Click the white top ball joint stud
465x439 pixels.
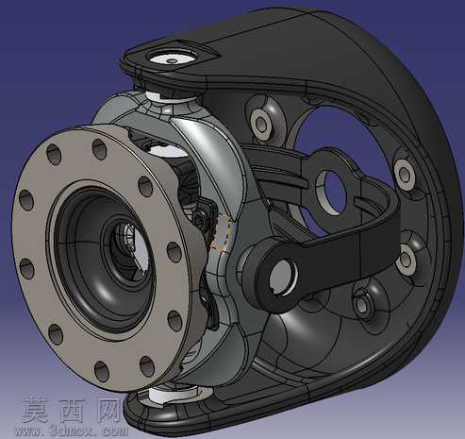click(x=172, y=59)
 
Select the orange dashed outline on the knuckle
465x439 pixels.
click(x=222, y=232)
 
